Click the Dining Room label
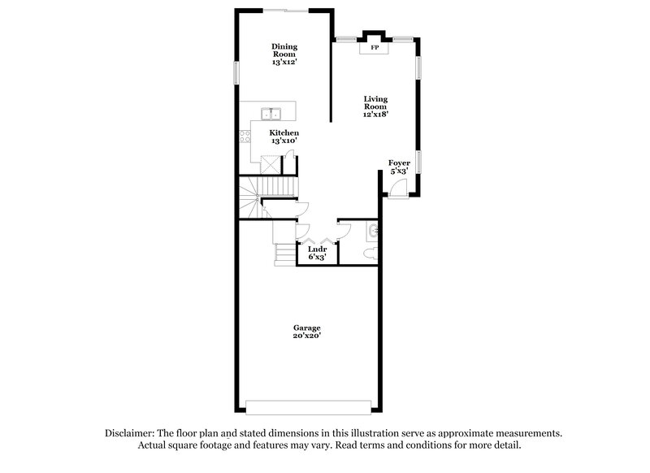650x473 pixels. coord(284,53)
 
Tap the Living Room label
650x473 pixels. coord(375,106)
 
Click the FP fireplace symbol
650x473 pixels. coord(375,48)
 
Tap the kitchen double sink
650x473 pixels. coord(271,113)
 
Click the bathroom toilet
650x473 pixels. coord(370,254)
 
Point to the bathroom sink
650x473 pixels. coord(372,232)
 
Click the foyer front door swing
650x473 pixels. coord(398,189)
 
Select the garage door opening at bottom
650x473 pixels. coord(309,406)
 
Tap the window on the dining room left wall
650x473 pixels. coord(236,72)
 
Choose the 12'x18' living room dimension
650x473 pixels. coord(375,115)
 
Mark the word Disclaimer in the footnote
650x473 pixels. coord(132,433)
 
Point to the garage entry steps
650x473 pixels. coord(284,255)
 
